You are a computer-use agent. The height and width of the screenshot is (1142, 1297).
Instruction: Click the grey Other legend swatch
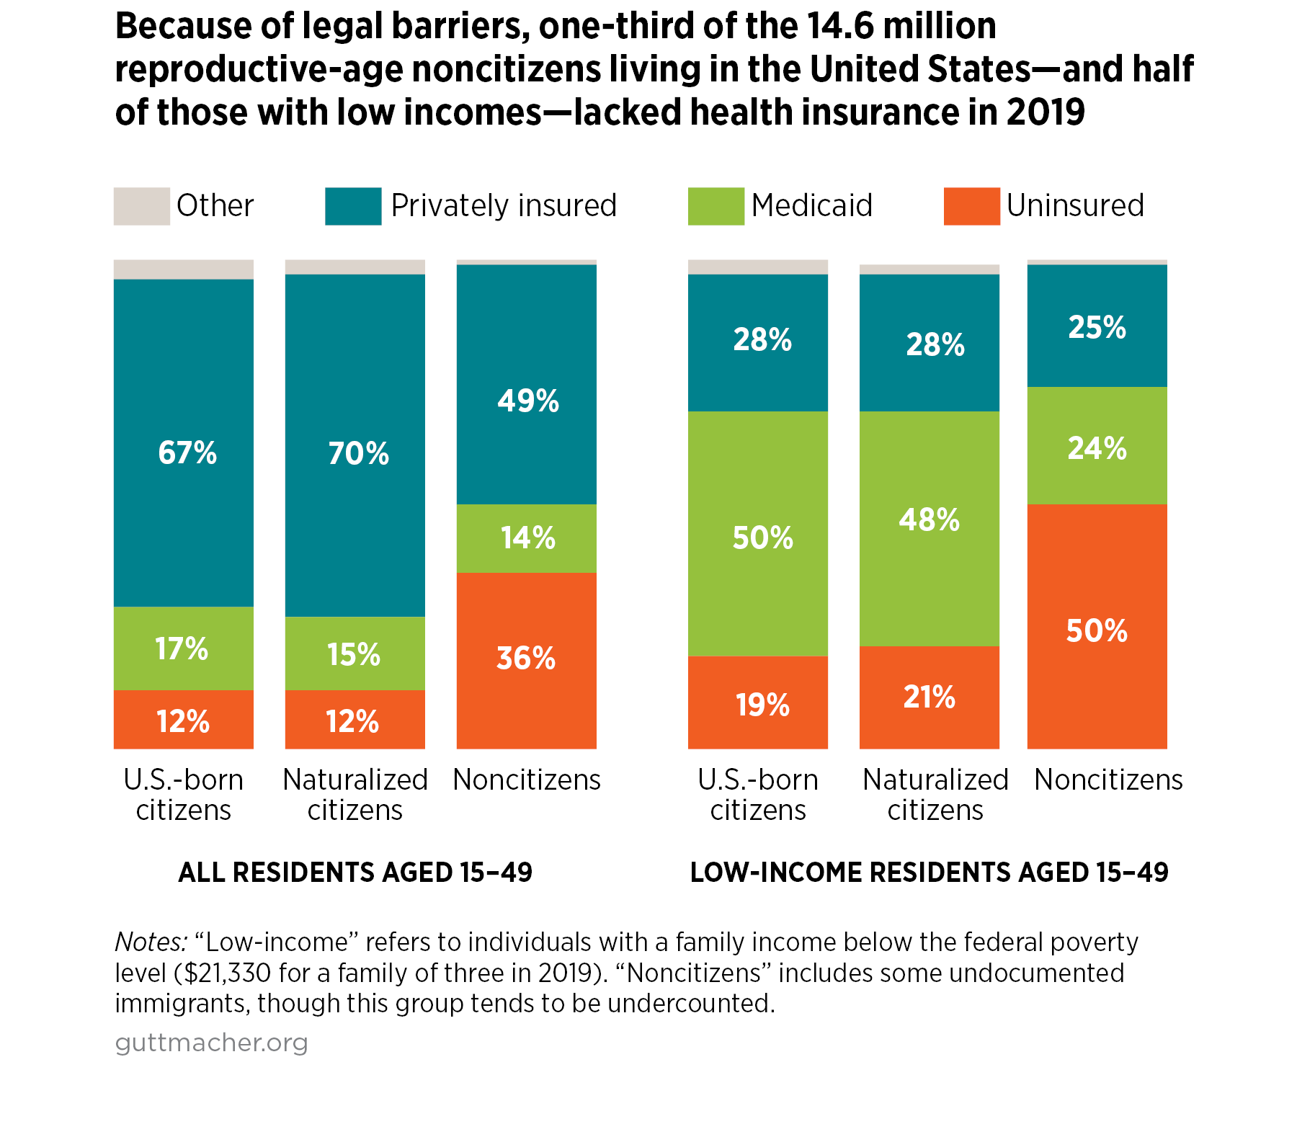pos(141,206)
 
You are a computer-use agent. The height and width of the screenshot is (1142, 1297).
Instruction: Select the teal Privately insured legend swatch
pos(353,206)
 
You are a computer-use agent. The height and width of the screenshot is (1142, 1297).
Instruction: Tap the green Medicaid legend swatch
pos(716,206)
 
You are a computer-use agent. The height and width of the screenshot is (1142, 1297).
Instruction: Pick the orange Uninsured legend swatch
pos(971,206)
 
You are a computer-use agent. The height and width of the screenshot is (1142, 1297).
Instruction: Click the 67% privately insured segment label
pos(187,453)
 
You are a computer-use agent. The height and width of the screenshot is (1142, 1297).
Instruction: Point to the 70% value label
pos(358,454)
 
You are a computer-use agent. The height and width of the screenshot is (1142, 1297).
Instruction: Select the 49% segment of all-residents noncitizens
pos(527,401)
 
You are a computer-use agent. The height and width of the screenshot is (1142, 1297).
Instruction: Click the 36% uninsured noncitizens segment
pos(526,659)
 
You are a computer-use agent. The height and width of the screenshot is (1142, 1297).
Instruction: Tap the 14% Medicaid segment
pos(527,538)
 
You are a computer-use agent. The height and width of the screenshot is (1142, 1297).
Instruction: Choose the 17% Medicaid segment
pos(182,648)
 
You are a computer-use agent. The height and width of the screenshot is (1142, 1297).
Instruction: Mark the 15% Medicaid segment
pos(354,654)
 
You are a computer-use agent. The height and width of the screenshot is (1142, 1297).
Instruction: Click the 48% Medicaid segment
pos(929,520)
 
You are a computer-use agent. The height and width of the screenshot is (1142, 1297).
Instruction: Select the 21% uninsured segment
pos(929,697)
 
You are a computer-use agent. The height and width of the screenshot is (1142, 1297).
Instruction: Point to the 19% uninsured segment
pos(762,705)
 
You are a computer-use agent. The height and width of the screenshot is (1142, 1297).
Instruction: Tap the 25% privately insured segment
pos(1097,328)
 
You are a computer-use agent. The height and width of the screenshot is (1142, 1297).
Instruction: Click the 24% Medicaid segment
pos(1097,448)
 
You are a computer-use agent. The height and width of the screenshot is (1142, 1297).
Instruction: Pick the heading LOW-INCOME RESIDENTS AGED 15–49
pos(929,873)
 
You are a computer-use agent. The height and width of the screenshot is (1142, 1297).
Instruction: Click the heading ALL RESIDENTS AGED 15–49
pos(355,873)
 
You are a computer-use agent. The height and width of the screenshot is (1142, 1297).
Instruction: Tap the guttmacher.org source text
pos(211,1043)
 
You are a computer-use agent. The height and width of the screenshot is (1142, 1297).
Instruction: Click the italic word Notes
pos(151,942)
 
